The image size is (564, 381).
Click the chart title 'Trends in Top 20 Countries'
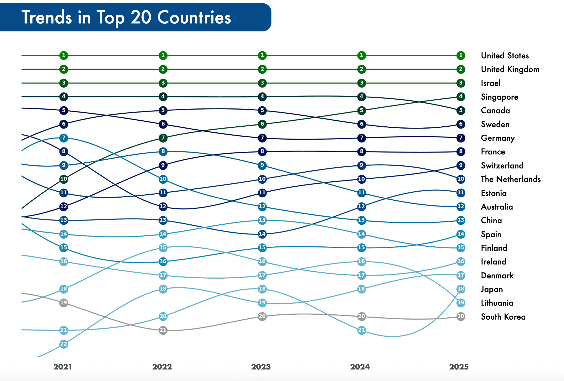tap(126, 17)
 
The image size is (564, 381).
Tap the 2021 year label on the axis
tap(63, 367)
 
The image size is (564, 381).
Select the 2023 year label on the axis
tap(261, 367)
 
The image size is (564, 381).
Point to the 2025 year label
tap(459, 367)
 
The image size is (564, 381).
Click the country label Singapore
tap(499, 97)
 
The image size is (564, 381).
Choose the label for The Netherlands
tap(511, 179)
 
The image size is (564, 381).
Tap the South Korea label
tap(503, 317)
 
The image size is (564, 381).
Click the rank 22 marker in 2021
tap(64, 344)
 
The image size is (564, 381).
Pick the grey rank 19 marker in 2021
tap(64, 303)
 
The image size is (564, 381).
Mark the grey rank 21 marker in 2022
tap(163, 330)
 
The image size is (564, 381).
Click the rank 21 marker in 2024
tap(362, 330)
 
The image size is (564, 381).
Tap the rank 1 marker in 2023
tap(262, 55)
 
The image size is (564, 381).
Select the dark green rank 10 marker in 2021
tap(64, 179)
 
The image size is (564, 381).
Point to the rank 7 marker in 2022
tap(163, 138)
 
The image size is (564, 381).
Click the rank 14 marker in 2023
tap(262, 234)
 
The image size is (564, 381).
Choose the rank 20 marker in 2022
tap(163, 316)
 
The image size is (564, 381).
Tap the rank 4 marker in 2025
tap(461, 97)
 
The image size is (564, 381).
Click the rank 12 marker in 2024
tap(362, 206)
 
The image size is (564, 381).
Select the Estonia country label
tap(493, 193)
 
